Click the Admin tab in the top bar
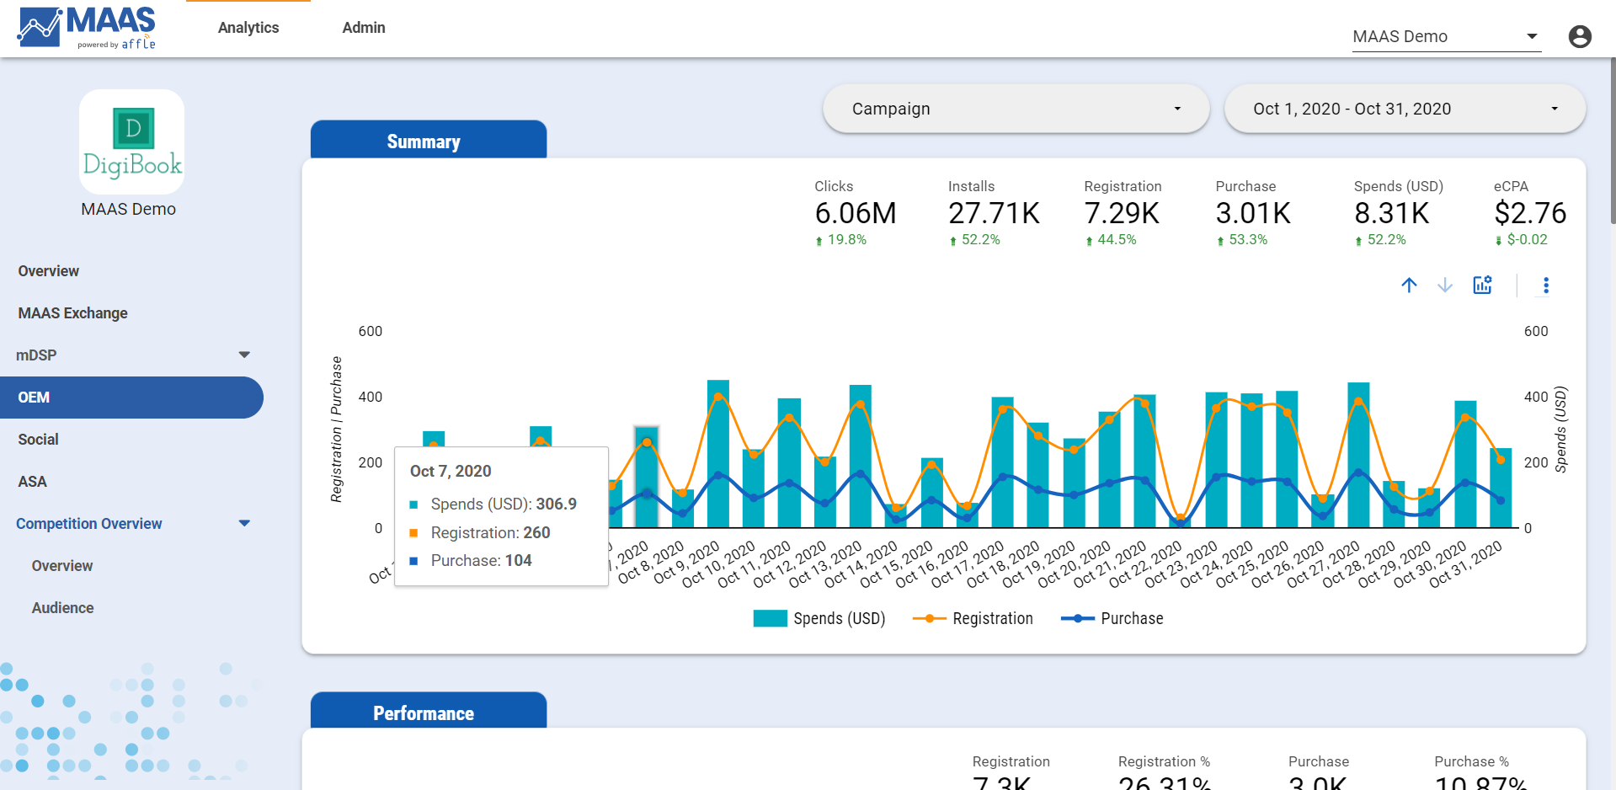(x=363, y=28)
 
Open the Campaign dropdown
(x=1016, y=109)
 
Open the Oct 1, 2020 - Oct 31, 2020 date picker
(x=1404, y=109)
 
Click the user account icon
(x=1579, y=36)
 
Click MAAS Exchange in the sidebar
(x=73, y=313)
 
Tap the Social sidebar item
(x=39, y=440)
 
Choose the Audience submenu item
(x=62, y=608)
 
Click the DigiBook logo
(x=132, y=142)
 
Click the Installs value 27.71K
(x=994, y=214)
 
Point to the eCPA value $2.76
(x=1529, y=214)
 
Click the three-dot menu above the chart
(x=1545, y=286)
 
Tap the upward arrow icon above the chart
(x=1409, y=286)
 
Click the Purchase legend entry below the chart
(x=1112, y=619)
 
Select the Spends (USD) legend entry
(x=819, y=619)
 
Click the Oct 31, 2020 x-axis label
(x=1467, y=563)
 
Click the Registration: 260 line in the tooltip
(x=490, y=533)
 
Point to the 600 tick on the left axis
(x=371, y=332)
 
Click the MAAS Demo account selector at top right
(x=1445, y=37)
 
